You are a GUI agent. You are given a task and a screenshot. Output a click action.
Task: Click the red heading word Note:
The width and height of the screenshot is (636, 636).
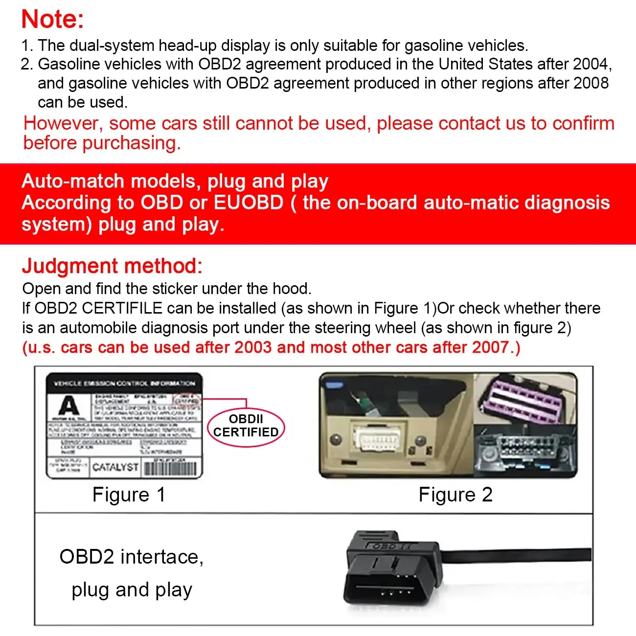click(x=52, y=20)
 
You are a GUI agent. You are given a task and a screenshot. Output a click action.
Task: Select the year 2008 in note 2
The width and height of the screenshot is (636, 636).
click(x=591, y=83)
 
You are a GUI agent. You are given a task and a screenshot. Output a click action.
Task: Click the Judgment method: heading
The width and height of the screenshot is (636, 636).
click(x=112, y=266)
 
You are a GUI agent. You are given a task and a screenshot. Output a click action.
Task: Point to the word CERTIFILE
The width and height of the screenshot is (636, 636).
click(x=122, y=308)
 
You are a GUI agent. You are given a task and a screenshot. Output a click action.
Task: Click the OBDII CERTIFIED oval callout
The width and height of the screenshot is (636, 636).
click(x=246, y=426)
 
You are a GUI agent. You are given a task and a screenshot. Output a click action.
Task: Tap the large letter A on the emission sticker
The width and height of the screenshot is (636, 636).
click(x=68, y=407)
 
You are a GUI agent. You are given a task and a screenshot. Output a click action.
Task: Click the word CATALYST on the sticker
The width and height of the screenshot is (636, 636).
click(x=115, y=467)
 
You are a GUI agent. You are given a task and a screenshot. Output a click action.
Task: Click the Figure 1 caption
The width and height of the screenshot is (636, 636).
click(x=129, y=495)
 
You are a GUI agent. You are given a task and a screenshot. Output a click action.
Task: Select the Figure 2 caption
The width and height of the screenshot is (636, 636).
click(x=455, y=495)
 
